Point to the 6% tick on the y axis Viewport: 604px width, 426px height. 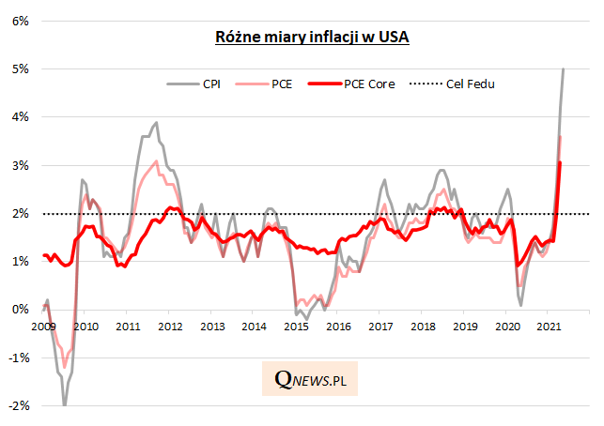(18, 20)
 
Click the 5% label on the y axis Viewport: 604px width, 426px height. (18, 68)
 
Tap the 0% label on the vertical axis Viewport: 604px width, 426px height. (18, 310)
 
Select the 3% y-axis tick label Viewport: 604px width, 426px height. (18, 165)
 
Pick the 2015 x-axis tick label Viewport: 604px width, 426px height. (296, 326)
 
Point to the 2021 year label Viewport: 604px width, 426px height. (550, 326)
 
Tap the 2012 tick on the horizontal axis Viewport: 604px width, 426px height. (169, 326)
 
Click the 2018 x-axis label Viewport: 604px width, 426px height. (423, 326)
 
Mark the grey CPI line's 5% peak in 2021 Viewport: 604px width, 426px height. (564, 68)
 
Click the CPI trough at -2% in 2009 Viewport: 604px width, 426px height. (65, 404)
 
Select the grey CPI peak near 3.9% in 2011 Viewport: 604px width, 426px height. (156, 122)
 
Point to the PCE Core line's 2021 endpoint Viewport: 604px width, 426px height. (561, 162)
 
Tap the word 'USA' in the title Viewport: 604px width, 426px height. (393, 38)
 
